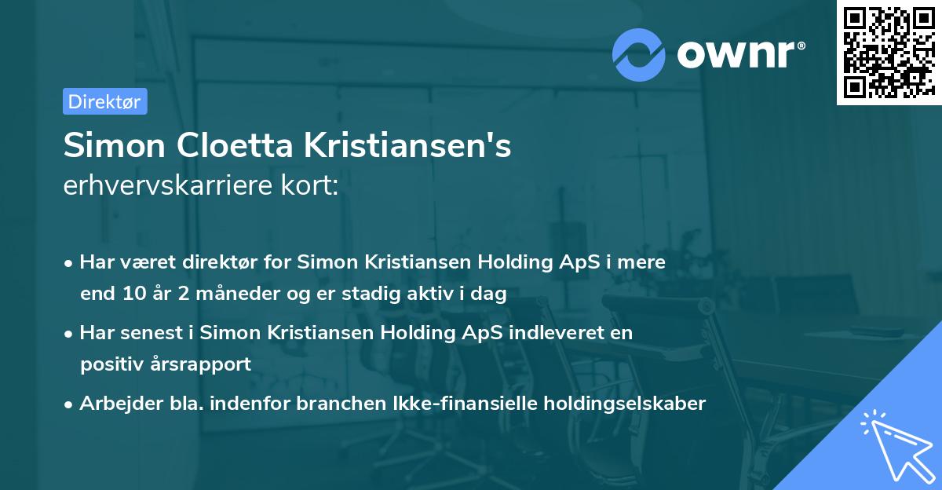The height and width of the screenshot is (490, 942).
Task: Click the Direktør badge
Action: pyautogui.click(x=104, y=101)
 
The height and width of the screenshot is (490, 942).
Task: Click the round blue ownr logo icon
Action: pyautogui.click(x=639, y=54)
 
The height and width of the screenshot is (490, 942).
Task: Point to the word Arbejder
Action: pyautogui.click(x=114, y=403)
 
